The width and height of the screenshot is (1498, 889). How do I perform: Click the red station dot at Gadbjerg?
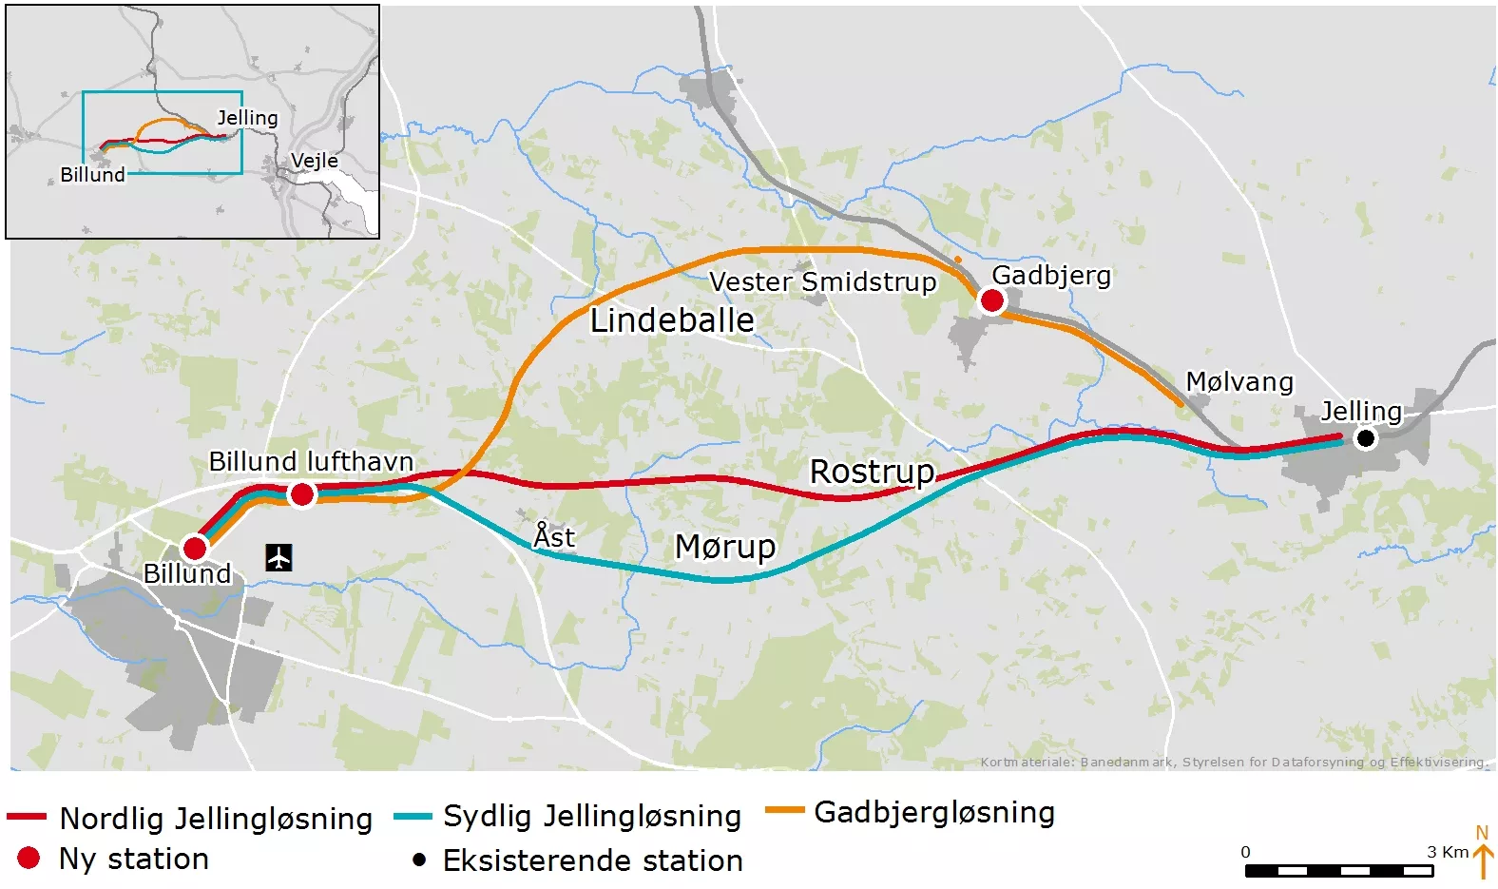point(991,300)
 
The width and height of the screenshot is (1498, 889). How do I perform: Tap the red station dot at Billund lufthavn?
point(301,494)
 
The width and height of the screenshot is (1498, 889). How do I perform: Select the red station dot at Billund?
point(195,548)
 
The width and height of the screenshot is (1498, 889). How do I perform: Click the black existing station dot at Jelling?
point(1365,438)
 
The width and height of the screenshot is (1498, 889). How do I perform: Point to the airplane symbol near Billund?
point(278,557)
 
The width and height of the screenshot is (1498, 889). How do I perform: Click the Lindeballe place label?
point(672,320)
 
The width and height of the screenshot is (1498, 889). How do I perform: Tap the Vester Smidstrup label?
point(822,281)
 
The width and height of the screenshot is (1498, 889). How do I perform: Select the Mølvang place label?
point(1239,382)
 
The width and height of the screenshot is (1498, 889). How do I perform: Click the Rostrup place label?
point(872,471)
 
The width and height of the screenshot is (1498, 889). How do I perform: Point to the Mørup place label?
point(725,547)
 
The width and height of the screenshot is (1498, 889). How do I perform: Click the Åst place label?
point(554,536)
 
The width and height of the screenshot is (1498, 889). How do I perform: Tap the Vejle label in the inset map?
point(314,160)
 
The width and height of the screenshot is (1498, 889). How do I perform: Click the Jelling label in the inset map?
point(247,118)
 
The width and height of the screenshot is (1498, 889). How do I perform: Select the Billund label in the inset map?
point(92,175)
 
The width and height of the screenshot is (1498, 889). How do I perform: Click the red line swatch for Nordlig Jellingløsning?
point(27,817)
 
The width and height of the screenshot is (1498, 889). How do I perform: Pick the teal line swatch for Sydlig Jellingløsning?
point(413,816)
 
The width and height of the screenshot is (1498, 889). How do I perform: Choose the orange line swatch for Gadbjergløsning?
point(785,811)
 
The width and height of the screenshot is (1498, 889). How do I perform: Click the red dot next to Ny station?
point(29,858)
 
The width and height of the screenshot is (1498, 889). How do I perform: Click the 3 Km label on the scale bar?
point(1448,851)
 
